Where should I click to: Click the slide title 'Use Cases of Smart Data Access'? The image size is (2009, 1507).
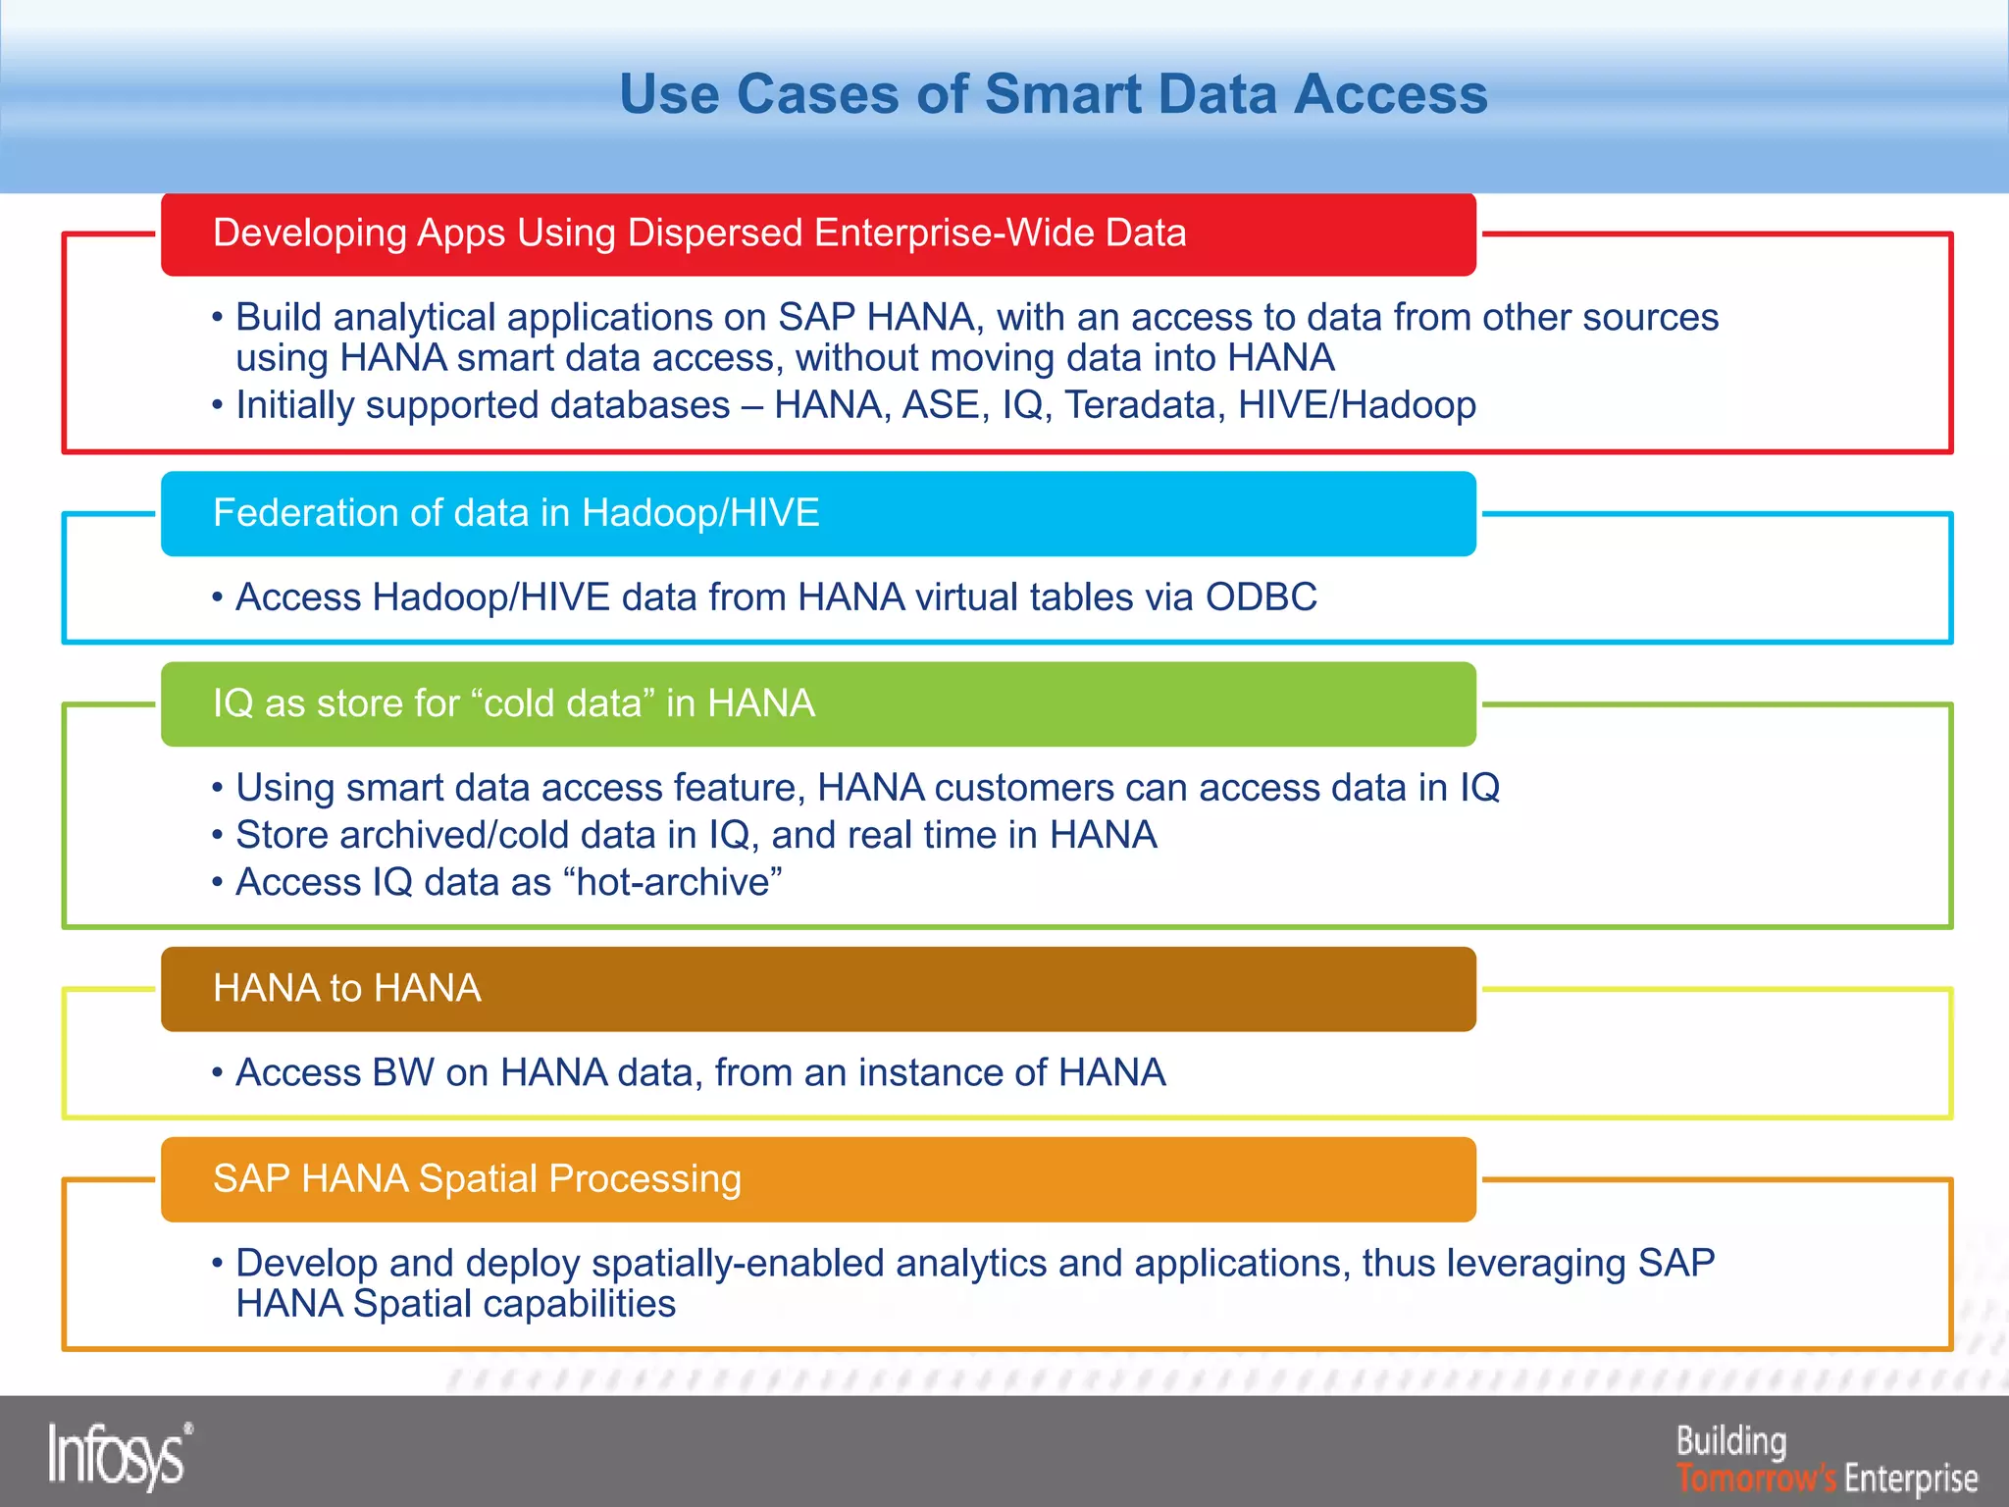[x=1054, y=94]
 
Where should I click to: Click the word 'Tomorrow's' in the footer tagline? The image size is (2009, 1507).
[x=1756, y=1477]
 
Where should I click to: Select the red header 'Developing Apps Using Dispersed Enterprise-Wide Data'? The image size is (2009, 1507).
[x=699, y=234]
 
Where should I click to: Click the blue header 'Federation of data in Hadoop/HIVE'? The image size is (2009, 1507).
[x=516, y=513]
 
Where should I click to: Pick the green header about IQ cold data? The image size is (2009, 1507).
[x=514, y=703]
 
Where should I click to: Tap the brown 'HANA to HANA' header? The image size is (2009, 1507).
[x=347, y=988]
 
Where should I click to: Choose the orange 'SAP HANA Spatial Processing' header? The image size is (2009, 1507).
[x=477, y=1178]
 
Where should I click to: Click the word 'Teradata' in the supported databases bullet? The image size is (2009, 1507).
[x=1144, y=405]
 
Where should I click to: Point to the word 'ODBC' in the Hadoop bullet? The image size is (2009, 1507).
[x=1261, y=598]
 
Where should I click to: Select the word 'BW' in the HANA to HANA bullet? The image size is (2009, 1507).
[x=403, y=1072]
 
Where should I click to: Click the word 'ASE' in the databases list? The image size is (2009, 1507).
[x=946, y=405]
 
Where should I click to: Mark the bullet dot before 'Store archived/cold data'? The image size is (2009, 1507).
[x=218, y=836]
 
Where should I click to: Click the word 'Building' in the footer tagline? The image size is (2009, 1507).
[x=1731, y=1440]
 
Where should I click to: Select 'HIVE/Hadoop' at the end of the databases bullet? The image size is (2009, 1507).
[x=1357, y=405]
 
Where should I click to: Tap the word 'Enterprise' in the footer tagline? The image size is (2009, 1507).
[x=1911, y=1477]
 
